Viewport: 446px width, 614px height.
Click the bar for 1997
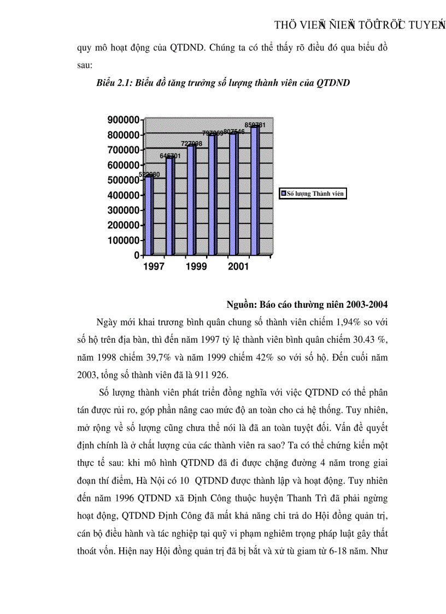(149, 216)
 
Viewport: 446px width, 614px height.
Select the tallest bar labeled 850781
(255, 191)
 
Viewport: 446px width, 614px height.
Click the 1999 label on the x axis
(196, 267)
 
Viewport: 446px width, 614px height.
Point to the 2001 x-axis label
(238, 267)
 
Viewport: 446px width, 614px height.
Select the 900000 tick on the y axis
(123, 120)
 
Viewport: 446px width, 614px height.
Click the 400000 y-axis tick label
(123, 195)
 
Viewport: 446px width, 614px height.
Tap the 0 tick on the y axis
(137, 255)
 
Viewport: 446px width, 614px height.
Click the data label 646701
(170, 156)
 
